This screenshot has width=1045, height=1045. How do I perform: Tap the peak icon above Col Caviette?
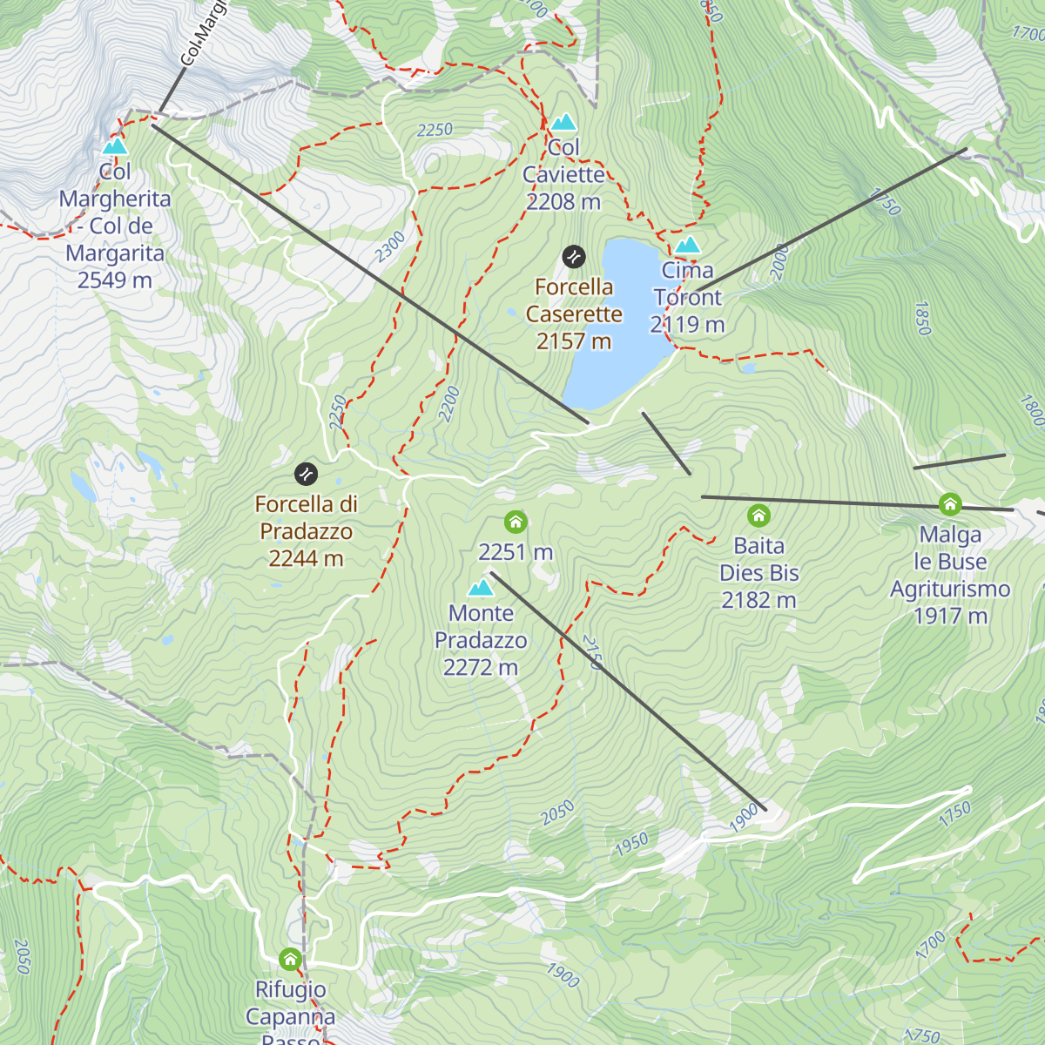click(x=563, y=123)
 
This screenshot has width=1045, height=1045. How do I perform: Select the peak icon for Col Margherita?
click(x=115, y=146)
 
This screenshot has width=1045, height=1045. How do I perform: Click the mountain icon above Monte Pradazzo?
click(x=481, y=588)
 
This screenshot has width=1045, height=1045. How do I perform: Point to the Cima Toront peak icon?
click(x=688, y=245)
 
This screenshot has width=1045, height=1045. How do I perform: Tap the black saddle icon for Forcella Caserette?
click(x=574, y=257)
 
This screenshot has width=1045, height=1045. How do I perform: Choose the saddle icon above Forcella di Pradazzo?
click(x=307, y=474)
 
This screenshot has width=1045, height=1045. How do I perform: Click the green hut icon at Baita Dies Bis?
click(x=759, y=516)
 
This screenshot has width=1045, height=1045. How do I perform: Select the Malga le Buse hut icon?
click(x=950, y=504)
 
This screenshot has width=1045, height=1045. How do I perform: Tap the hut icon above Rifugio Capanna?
click(x=291, y=960)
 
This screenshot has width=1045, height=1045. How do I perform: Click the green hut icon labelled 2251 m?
click(x=516, y=522)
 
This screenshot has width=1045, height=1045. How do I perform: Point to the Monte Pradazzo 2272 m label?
click(x=481, y=640)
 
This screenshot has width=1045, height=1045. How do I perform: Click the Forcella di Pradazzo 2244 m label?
click(x=306, y=531)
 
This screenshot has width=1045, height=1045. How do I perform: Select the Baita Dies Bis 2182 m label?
click(x=759, y=573)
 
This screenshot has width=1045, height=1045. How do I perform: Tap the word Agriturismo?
click(x=950, y=589)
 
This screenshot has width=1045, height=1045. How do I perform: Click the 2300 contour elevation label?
click(x=390, y=246)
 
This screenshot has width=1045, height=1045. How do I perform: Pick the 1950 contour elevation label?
click(x=631, y=843)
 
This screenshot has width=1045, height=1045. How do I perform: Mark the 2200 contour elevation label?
click(x=448, y=404)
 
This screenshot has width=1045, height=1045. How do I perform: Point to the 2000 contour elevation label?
click(x=779, y=262)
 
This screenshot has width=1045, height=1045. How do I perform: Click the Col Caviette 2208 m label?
click(x=563, y=174)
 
